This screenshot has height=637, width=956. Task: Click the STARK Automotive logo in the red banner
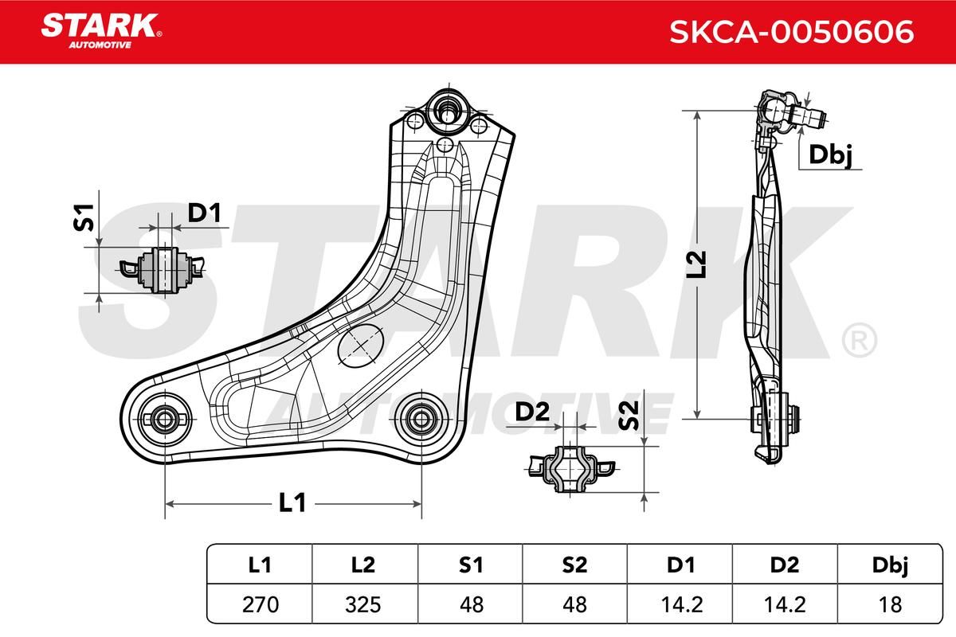[x=101, y=31]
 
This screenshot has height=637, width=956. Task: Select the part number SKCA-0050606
[x=792, y=32]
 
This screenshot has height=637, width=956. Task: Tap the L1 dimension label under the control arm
[x=293, y=502]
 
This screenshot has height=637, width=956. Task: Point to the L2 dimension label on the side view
[x=696, y=264]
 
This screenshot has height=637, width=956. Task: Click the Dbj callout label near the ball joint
[x=830, y=155]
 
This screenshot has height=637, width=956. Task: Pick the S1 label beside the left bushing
[x=84, y=217]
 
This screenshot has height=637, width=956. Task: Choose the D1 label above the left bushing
[x=205, y=213]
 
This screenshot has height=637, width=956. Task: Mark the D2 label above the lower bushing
[x=532, y=412]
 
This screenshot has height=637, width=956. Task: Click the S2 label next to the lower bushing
[x=629, y=416]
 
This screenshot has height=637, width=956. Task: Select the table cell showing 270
[x=261, y=604]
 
